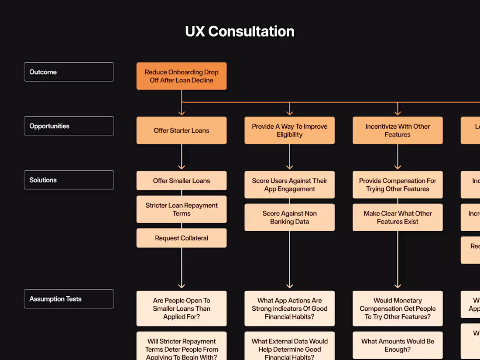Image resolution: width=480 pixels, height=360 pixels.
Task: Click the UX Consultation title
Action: tap(240, 31)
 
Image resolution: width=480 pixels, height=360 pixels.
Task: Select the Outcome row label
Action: tap(69, 72)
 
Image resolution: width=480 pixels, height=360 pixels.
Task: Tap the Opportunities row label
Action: tap(69, 126)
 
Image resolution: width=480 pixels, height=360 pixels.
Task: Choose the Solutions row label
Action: tap(69, 180)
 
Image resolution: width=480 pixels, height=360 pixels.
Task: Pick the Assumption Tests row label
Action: tap(69, 299)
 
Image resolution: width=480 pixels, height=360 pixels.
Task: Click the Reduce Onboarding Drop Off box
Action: tap(182, 76)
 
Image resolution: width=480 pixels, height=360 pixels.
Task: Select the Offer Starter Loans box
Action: tap(182, 130)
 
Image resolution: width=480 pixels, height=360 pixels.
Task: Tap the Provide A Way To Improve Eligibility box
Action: tap(289, 130)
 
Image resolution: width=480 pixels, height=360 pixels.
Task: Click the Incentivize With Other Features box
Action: tap(398, 130)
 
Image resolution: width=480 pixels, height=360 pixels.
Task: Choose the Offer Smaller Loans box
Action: tap(182, 181)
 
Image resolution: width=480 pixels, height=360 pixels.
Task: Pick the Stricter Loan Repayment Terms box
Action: tap(182, 209)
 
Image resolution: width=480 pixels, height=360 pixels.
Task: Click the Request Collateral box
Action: tap(182, 238)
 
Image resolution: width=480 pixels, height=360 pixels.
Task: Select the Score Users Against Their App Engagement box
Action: tap(289, 185)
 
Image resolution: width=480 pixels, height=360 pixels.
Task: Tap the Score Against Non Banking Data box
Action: tap(289, 217)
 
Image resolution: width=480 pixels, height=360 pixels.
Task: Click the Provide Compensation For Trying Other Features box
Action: tap(398, 185)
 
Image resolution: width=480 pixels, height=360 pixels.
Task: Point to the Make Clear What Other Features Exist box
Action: tap(398, 217)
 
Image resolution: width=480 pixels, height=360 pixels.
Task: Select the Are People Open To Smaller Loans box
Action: tap(182, 309)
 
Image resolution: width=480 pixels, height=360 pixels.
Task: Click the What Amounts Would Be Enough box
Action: tap(398, 345)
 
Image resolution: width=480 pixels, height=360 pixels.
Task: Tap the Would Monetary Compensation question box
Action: tap(398, 309)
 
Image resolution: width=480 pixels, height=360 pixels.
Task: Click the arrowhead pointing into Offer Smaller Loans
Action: tap(182, 167)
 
